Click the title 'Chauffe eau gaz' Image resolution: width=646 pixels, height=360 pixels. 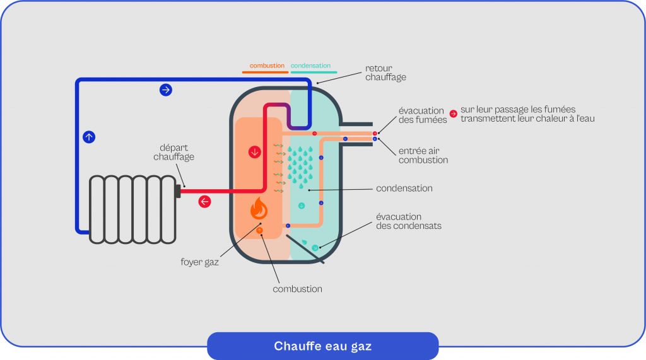coord(322,346)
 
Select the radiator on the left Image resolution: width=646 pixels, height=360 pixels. coord(132,209)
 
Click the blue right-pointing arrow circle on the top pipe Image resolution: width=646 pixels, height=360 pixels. coord(165,90)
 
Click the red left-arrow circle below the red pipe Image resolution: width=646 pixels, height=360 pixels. coord(205,202)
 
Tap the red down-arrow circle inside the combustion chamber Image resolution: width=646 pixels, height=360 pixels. coord(255,153)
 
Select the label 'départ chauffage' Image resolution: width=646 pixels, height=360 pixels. coord(173,152)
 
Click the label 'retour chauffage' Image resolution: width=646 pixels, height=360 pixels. coord(385,73)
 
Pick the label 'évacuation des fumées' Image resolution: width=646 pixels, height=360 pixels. coord(421,115)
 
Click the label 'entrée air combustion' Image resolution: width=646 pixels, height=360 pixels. coord(423,156)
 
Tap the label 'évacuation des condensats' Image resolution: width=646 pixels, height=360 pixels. coord(408,221)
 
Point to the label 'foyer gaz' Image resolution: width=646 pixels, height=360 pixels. coord(204,262)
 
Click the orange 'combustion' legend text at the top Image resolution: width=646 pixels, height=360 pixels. coord(267,66)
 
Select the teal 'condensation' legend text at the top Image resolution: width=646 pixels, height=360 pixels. coord(310,66)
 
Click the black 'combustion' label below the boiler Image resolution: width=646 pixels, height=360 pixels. coord(297,289)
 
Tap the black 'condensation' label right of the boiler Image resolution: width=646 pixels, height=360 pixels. coord(404,188)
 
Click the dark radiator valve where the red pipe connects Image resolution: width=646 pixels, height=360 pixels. coord(178,190)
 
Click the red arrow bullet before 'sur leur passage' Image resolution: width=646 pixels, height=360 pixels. coord(453,114)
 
